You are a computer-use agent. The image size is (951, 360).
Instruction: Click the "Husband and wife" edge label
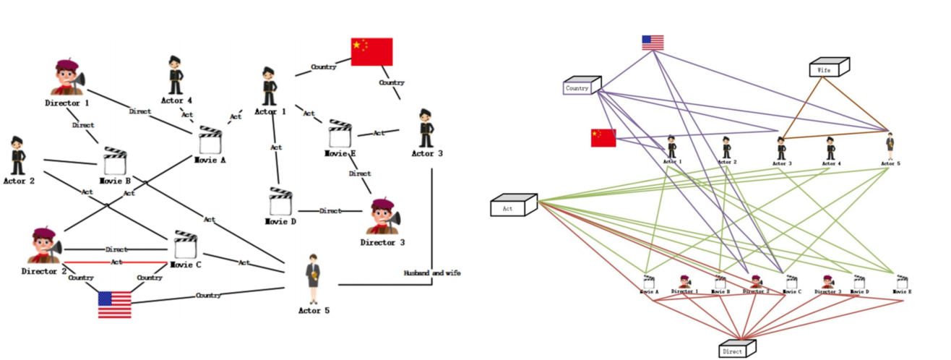(x=431, y=273)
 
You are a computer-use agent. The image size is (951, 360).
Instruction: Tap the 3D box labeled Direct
(x=736, y=349)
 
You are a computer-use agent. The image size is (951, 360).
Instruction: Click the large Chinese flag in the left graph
(x=371, y=52)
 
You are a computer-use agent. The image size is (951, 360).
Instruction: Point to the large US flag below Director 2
(x=115, y=304)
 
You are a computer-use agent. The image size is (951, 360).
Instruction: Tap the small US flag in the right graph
(x=653, y=43)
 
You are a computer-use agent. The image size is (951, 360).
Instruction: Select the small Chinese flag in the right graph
(x=603, y=137)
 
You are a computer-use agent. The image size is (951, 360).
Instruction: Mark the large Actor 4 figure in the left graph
(x=175, y=76)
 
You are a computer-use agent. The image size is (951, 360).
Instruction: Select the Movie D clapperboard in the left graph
(x=280, y=202)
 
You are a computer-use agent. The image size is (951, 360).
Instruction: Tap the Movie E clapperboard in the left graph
(x=340, y=134)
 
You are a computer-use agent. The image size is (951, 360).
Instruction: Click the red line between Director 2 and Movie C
(x=116, y=262)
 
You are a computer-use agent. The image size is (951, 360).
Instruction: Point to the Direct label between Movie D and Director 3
(x=330, y=211)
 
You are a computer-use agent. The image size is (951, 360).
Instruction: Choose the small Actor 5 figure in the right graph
(x=890, y=147)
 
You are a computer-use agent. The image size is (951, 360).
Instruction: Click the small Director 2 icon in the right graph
(x=755, y=281)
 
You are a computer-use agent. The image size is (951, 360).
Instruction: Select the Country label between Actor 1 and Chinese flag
(x=323, y=67)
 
